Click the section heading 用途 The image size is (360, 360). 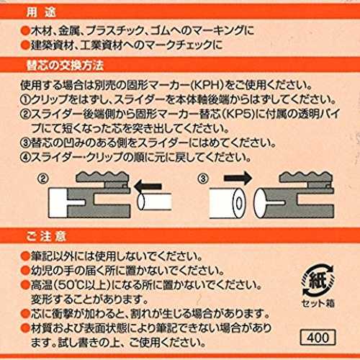pyautogui.click(x=41, y=12)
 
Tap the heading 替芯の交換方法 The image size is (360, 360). pyautogui.click(x=65, y=66)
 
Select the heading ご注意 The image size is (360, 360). pyautogui.click(x=45, y=236)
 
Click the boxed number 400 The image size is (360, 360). pyautogui.click(x=318, y=338)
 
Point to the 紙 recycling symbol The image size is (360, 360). pyautogui.click(x=318, y=280)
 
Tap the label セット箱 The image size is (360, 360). pyautogui.click(x=318, y=304)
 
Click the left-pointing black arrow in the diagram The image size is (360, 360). pyautogui.click(x=148, y=186)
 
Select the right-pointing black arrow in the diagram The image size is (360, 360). pyautogui.click(x=238, y=178)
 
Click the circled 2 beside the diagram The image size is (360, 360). pyautogui.click(x=43, y=179)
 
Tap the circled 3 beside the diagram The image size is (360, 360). pyautogui.click(x=203, y=179)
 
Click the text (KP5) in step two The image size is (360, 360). pyautogui.click(x=238, y=114)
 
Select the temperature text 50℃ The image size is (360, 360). pyautogui.click(x=69, y=285)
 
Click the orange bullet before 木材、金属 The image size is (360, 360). pyautogui.click(x=25, y=31)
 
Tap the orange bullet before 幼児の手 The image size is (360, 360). pyautogui.click(x=25, y=271)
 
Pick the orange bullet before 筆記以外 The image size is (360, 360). pyautogui.click(x=25, y=256)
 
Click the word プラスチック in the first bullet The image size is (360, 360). pyautogui.click(x=114, y=31)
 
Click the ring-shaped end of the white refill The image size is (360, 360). pyautogui.click(x=238, y=204)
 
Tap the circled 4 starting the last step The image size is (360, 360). pyautogui.click(x=25, y=157)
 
